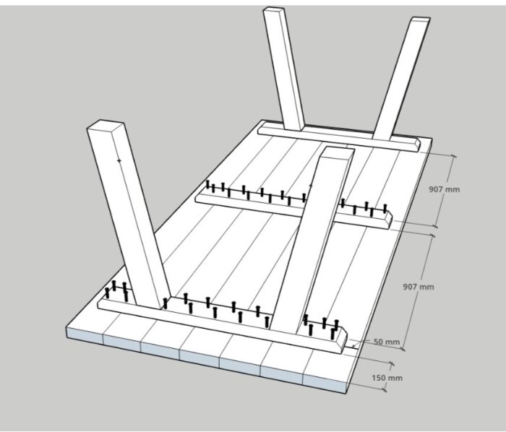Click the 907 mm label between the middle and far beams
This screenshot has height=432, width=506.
pos(444,189)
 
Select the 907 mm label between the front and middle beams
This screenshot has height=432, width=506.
pos(419,287)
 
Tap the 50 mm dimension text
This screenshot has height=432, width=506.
pos(387,342)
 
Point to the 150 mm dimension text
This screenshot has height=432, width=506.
pos(387,378)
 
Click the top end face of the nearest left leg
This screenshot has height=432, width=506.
pos(106,125)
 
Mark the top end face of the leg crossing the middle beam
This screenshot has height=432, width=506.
pos(338,152)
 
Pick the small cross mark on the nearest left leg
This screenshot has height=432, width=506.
pos(119,160)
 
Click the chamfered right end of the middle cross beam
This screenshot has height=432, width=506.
pos(390,220)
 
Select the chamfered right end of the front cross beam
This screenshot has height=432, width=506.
pos(343,341)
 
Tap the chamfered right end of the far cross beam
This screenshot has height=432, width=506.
pos(417,145)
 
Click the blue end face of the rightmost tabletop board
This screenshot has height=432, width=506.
pos(325,384)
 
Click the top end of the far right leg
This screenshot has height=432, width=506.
pos(420,19)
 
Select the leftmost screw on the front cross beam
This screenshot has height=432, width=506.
pos(107,293)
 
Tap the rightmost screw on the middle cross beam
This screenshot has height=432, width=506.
pos(385,208)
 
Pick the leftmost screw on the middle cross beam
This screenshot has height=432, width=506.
pos(207,184)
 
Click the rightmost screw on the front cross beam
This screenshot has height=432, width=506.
pos(336,325)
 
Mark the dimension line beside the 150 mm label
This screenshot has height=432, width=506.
pos(389,376)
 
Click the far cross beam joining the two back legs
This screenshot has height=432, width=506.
pos(339,138)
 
